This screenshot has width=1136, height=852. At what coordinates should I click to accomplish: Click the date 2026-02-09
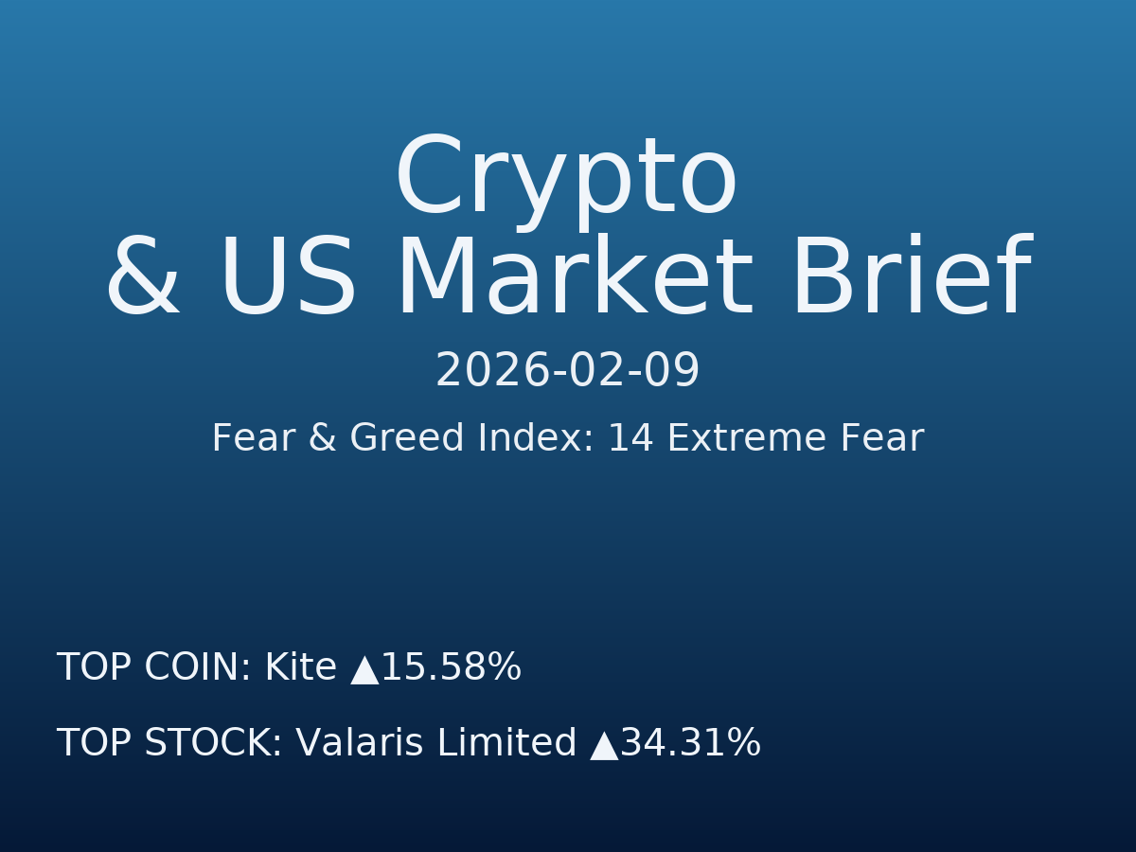click(x=567, y=371)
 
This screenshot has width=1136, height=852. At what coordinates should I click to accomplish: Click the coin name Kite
click(x=300, y=667)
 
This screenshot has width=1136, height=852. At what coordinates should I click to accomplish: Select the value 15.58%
click(x=451, y=667)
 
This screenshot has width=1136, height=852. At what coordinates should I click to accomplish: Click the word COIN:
click(x=197, y=667)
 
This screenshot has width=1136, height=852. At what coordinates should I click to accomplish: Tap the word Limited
click(x=506, y=743)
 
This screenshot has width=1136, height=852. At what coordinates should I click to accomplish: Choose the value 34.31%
click(x=690, y=743)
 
